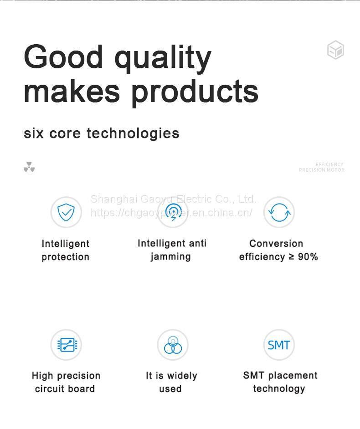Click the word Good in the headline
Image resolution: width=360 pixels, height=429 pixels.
click(x=63, y=56)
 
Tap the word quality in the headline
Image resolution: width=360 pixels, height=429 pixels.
click(x=163, y=59)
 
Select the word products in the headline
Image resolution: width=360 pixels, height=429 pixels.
click(x=195, y=92)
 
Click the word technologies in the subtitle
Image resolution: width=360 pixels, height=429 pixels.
click(x=133, y=133)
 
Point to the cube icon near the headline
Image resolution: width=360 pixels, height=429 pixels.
click(x=335, y=50)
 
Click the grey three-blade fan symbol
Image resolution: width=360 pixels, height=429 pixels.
click(x=29, y=167)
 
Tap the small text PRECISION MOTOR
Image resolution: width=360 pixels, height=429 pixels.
click(x=321, y=170)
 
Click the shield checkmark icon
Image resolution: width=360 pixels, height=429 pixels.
click(x=66, y=212)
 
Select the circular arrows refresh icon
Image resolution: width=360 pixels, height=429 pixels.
click(x=279, y=212)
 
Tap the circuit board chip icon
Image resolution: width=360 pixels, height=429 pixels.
click(x=67, y=344)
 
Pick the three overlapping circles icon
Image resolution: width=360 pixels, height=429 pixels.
click(x=173, y=345)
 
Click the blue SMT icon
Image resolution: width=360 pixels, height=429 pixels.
click(x=279, y=345)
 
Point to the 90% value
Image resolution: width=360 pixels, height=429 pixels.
click(x=308, y=257)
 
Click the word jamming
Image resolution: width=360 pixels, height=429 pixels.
click(x=170, y=257)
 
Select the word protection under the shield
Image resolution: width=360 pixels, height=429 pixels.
click(x=66, y=257)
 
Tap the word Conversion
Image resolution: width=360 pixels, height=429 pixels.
click(x=276, y=243)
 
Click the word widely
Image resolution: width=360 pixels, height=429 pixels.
click(x=182, y=376)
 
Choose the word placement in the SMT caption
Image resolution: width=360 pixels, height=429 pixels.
click(x=293, y=375)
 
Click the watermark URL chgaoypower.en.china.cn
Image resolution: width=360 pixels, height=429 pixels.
click(x=171, y=213)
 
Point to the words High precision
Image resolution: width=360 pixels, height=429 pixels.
click(x=66, y=376)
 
